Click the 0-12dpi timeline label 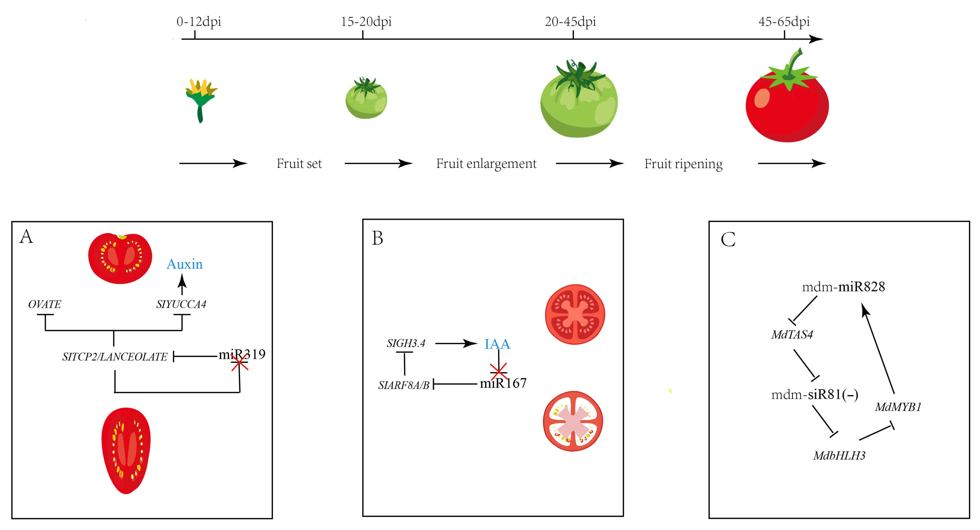(x=199, y=22)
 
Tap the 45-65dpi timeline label (x=784, y=22)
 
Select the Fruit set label (x=299, y=164)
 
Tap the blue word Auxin (x=184, y=264)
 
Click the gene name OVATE (x=44, y=304)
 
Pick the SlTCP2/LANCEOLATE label (x=115, y=357)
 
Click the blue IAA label (x=497, y=344)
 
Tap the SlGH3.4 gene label (x=406, y=343)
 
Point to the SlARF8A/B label (x=404, y=385)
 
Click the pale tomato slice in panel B (x=573, y=421)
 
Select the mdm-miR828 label (x=843, y=287)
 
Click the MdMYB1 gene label (x=898, y=407)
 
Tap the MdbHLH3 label (x=839, y=455)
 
